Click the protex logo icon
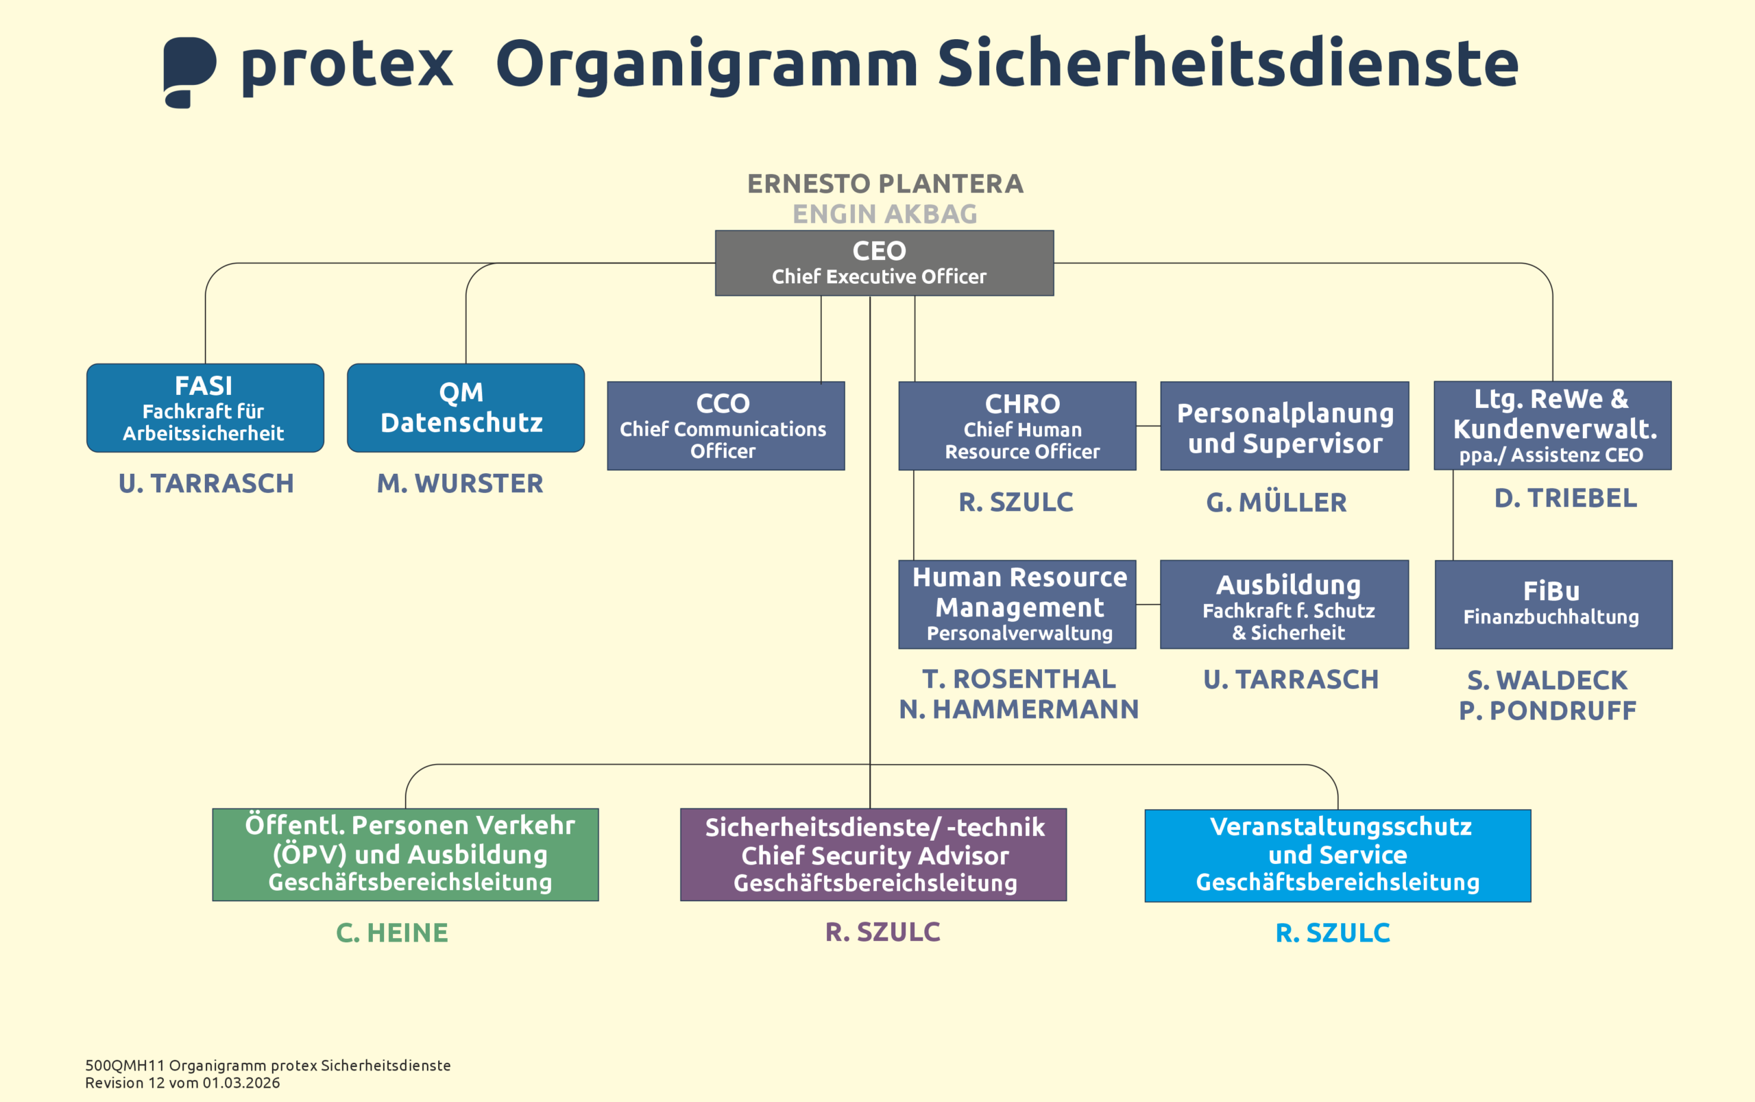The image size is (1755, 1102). [189, 71]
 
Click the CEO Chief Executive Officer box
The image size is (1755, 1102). [884, 263]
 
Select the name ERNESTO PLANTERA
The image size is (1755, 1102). [885, 184]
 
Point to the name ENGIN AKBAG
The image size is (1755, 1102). [884, 214]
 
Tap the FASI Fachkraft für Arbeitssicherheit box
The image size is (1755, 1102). [205, 408]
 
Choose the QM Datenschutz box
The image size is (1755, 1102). [465, 408]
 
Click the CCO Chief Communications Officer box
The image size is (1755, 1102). [725, 427]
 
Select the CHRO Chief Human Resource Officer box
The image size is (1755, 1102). [1017, 427]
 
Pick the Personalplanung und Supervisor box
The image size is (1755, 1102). [1285, 427]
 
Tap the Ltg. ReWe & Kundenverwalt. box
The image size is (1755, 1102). [1553, 426]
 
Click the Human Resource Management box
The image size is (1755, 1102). [1017, 604]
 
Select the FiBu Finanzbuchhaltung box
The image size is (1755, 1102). [1553, 604]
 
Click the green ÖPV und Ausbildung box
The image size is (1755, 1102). [405, 854]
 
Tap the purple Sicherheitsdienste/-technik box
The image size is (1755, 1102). [873, 854]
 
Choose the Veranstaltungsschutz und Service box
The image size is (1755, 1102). [1338, 855]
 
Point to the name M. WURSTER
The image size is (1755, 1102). [460, 483]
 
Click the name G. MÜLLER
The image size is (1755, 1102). [1276, 502]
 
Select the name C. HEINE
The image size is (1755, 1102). [392, 933]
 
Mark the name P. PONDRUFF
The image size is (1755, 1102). [1547, 710]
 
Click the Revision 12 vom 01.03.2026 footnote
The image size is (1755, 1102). [182, 1083]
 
